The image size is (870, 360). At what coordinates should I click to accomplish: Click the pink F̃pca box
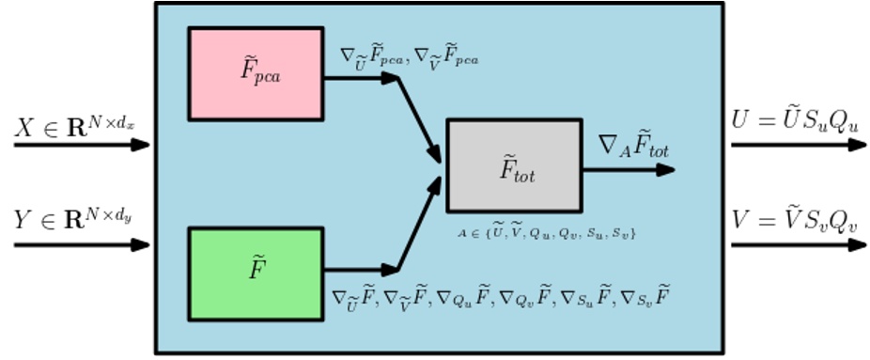click(256, 73)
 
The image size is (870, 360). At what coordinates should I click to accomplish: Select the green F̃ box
click(256, 273)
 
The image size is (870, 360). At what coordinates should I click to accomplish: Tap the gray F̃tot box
click(513, 165)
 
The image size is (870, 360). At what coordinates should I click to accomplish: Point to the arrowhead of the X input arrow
click(141, 145)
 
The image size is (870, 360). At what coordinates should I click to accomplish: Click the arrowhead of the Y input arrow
click(141, 245)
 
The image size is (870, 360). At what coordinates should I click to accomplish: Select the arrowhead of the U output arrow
click(856, 145)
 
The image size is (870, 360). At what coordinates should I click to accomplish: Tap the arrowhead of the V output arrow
click(856, 245)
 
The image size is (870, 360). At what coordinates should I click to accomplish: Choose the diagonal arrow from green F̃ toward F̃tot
click(419, 224)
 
